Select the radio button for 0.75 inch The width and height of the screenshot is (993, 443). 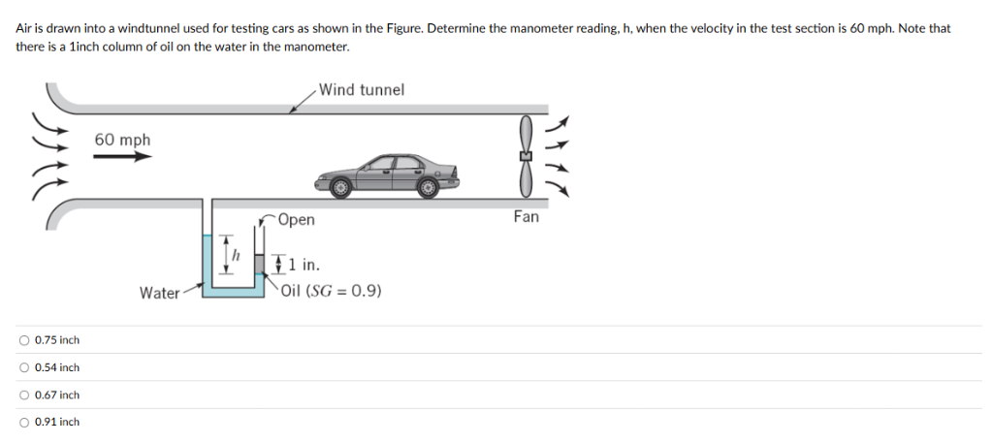pos(24,340)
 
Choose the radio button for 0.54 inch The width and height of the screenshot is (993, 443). pos(24,367)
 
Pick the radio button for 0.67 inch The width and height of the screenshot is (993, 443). pos(24,395)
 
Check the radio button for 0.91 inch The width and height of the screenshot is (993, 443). pos(24,422)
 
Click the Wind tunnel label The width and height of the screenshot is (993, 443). pos(361,90)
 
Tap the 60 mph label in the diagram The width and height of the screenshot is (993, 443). pos(123,140)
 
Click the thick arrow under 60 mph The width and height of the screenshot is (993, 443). pos(123,156)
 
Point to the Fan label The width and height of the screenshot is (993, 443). pos(527,216)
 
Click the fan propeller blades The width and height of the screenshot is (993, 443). pos(525,156)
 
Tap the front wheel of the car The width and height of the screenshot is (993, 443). pos(340,187)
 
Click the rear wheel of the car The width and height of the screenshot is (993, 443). pos(428,187)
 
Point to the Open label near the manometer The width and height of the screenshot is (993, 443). pos(296,220)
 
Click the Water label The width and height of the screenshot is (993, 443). pos(160,293)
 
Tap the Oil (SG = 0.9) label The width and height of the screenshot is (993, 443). pos(332,291)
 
